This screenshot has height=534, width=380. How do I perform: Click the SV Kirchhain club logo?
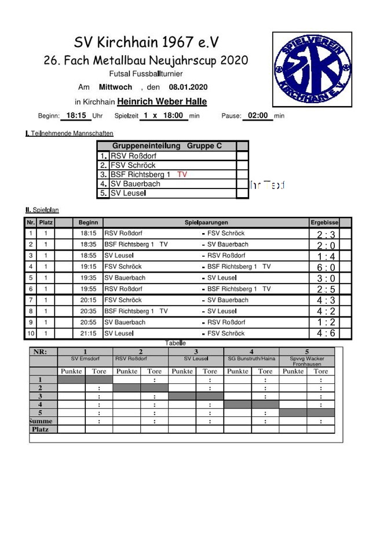point(313,70)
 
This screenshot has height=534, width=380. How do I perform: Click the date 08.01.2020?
point(188,88)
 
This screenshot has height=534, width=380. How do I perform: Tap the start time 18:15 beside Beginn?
point(76,115)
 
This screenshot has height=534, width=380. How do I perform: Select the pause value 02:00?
point(258,115)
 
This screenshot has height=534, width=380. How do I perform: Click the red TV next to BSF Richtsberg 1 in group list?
point(182,175)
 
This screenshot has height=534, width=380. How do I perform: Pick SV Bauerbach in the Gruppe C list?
point(136,184)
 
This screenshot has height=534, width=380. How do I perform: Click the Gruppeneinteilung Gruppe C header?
point(167,146)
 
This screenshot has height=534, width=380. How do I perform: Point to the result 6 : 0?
point(326,267)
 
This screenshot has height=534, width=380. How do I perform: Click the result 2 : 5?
point(326,289)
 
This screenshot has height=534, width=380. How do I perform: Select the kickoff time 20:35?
point(88,311)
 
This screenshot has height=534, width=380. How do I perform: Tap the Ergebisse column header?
point(324,223)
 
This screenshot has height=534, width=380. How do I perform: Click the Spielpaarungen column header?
point(206,223)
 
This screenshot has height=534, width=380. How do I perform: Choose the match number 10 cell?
point(31,333)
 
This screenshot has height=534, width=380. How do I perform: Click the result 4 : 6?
point(326,333)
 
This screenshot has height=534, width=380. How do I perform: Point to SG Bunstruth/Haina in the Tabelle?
point(251,359)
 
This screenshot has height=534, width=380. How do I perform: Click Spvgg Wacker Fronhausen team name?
point(307,361)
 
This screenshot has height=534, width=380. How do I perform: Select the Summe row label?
point(43,422)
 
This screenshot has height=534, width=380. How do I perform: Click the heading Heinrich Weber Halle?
point(162,102)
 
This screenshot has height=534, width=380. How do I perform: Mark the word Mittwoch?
point(115,88)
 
